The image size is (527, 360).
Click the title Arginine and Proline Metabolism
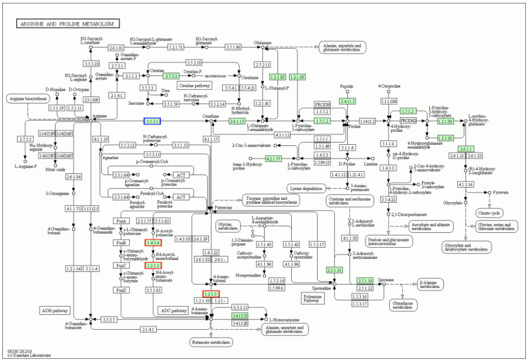[68, 24]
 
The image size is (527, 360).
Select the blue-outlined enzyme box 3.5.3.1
[152, 121]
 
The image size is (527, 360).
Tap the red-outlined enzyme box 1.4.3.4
[153, 243]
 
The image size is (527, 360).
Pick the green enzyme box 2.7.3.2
[171, 76]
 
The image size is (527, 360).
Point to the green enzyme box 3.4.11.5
[347, 101]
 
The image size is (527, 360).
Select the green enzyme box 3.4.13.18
[239, 315]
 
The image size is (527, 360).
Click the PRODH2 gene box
[408, 121]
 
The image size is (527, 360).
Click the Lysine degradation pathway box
[306, 188]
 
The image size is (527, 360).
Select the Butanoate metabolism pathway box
[211, 342]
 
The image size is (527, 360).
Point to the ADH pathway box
[56, 310]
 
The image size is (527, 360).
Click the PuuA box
[121, 221]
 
